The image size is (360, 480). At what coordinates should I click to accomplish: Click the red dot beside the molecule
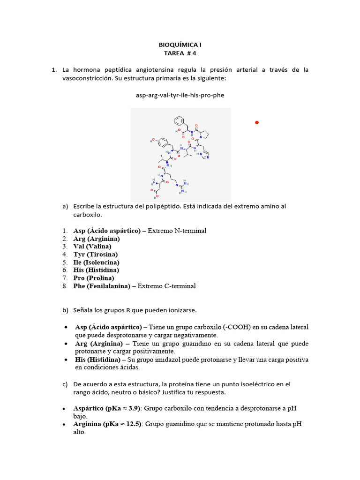(x=256, y=123)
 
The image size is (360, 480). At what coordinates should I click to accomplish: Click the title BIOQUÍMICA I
(x=180, y=45)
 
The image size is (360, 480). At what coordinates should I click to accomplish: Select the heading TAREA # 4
(x=180, y=53)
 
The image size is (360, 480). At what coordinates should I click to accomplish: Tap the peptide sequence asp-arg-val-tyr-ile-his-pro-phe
(x=180, y=95)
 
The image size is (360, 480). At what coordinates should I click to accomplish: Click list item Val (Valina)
(x=92, y=247)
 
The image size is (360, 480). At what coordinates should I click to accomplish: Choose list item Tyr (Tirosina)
(x=95, y=255)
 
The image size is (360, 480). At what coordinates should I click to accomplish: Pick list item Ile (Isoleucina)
(x=96, y=262)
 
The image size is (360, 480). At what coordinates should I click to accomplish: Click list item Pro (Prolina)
(x=93, y=278)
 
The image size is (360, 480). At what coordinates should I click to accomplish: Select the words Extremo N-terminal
(x=177, y=231)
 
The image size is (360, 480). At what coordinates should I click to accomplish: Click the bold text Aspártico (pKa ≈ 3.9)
(x=107, y=408)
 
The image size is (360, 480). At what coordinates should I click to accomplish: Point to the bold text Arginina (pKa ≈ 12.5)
(x=108, y=424)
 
